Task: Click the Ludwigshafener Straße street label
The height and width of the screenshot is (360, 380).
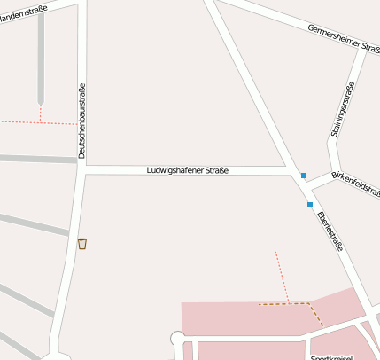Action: coord(187,169)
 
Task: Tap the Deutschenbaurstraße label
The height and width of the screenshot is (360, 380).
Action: coord(81,128)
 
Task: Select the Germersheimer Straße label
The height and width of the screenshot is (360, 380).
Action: coord(343,39)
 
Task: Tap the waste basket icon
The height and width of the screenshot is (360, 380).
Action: coord(82,243)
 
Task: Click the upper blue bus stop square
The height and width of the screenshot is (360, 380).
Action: coord(304,176)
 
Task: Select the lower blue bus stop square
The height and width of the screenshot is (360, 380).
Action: coord(310,205)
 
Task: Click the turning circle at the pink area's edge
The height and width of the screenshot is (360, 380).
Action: coord(177,338)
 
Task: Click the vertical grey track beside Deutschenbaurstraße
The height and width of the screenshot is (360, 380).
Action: coord(41,62)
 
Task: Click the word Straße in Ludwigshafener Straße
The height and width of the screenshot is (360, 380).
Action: coord(213,169)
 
